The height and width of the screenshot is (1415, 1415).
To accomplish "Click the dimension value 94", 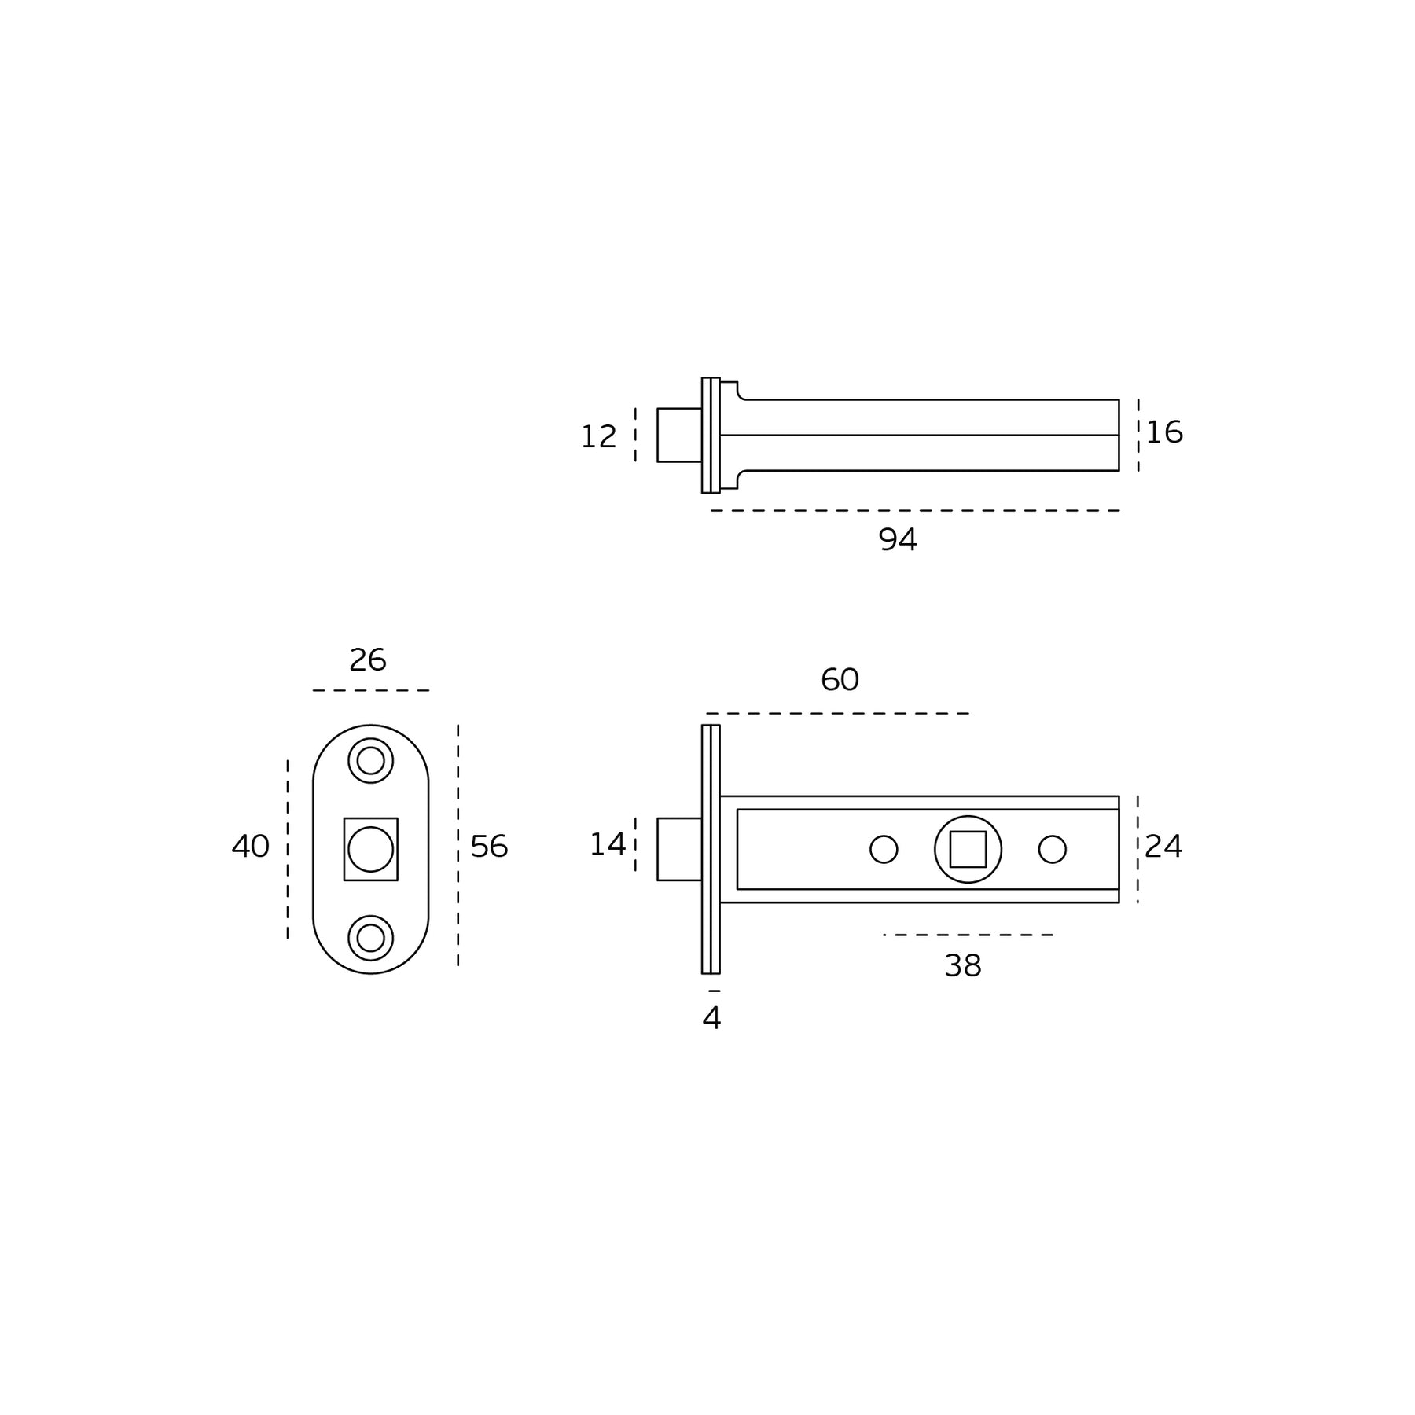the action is (x=897, y=539).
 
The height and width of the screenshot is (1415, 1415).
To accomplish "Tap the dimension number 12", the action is (x=598, y=437).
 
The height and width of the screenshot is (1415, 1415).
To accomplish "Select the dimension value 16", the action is (x=1164, y=432).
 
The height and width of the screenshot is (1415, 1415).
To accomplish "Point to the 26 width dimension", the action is (x=368, y=660).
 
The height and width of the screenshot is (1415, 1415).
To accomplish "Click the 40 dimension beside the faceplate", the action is (x=251, y=846).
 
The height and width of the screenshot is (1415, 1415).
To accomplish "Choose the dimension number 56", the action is (x=489, y=847).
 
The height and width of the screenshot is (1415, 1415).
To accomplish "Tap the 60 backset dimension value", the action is (x=840, y=680).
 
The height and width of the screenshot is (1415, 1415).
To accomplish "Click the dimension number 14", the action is (x=608, y=845).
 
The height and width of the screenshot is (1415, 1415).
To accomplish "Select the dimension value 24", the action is (x=1163, y=847).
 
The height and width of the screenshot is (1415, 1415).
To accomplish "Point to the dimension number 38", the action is (x=963, y=966).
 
